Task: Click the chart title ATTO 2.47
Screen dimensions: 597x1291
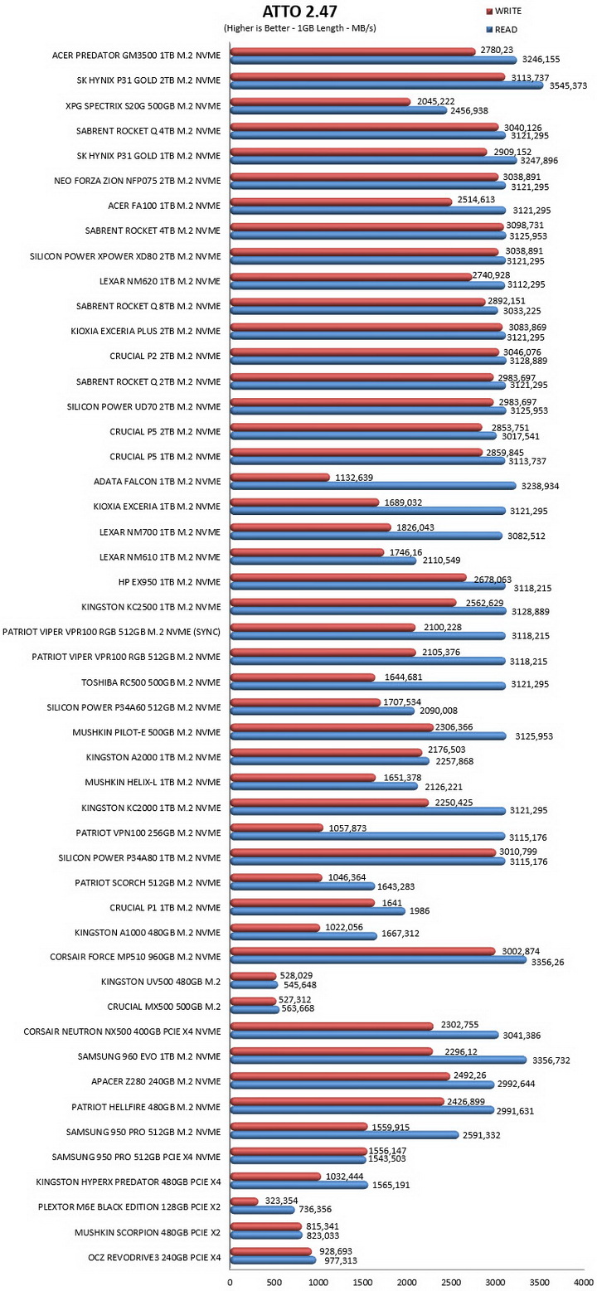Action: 299,11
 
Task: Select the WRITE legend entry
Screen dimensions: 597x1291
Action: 503,11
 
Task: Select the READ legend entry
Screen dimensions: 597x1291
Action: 502,29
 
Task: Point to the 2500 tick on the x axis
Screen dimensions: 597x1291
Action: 451,1283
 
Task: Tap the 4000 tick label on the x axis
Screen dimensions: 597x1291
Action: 584,1283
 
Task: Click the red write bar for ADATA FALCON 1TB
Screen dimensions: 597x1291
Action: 280,478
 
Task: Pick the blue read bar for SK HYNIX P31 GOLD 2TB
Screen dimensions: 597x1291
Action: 386,85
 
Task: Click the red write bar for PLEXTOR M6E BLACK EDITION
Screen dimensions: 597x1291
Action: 245,1201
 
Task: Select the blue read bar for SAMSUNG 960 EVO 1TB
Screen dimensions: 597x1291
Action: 379,1060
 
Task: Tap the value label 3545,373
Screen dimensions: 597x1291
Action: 566,86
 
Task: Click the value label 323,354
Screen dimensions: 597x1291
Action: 281,1201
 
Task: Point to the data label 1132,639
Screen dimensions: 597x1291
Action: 354,478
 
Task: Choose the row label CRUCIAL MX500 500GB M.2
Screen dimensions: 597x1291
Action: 163,1007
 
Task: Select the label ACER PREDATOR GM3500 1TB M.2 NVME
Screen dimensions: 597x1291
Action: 136,56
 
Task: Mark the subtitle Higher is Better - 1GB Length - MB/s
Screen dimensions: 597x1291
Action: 299,28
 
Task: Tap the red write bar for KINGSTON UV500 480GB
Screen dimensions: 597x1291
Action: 254,976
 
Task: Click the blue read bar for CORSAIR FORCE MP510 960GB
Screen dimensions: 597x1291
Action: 379,960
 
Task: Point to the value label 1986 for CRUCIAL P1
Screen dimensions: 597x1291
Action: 419,911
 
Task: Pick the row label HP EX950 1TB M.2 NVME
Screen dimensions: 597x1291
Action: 169,582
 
